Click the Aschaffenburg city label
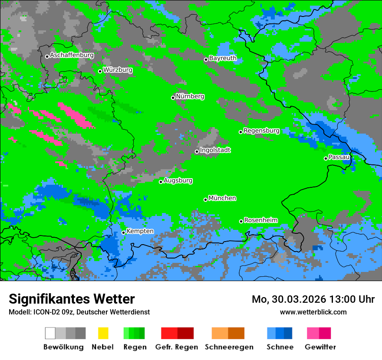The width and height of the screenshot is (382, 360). pos(72,55)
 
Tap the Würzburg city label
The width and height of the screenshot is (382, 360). pos(118,70)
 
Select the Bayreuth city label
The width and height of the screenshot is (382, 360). pos(223,58)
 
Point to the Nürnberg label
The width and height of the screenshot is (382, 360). pos(190,96)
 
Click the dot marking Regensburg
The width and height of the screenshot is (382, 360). pos(240,132)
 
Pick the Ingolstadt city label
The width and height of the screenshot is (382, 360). pos(215,150)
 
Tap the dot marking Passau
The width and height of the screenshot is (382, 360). pos(326,158)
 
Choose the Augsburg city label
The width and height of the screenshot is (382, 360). pos(178,180)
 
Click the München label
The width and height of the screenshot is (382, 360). pos(222,198)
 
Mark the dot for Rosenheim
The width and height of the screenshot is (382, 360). pos(241,221)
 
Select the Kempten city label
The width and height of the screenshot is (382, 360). pos(140,231)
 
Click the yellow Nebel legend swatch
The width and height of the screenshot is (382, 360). pos(103,333)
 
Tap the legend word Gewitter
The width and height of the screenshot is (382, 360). pos(320,347)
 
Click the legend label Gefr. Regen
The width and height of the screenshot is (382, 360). pos(176,347)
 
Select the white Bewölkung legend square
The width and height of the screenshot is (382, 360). pos(50,333)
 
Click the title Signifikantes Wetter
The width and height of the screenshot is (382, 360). pos(72,299)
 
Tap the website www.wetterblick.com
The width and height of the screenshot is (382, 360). pos(313,312)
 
